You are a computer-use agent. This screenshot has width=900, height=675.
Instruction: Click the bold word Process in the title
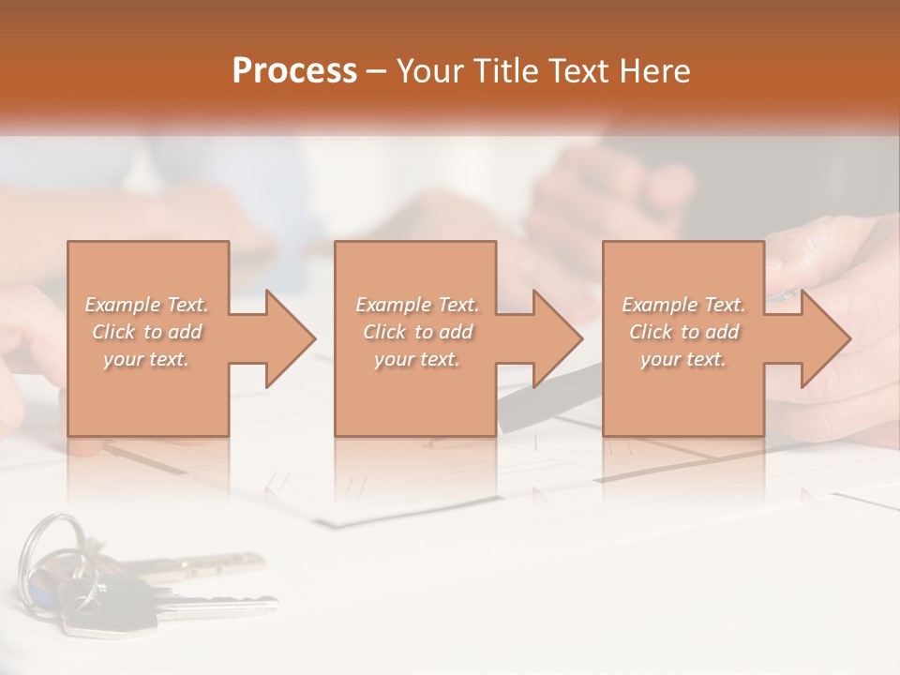(x=294, y=71)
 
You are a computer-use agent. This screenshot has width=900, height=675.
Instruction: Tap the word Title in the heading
(x=502, y=71)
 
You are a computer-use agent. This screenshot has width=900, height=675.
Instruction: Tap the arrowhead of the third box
(x=824, y=338)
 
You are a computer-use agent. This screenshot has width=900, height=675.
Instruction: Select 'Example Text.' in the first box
(x=147, y=305)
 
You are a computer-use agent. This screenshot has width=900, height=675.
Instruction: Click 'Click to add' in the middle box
(x=417, y=332)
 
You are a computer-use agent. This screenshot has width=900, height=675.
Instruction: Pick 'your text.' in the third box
(x=683, y=359)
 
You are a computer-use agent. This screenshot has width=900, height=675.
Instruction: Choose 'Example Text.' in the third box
(x=683, y=305)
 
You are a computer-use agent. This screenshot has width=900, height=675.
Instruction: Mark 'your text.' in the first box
(x=147, y=359)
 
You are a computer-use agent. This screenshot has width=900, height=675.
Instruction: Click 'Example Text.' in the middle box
(x=417, y=305)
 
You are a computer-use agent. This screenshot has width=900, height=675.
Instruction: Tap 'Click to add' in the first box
(x=147, y=332)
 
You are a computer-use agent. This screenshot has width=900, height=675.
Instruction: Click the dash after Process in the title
(x=377, y=71)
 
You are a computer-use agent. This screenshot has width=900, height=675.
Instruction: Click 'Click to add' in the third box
(x=683, y=332)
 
